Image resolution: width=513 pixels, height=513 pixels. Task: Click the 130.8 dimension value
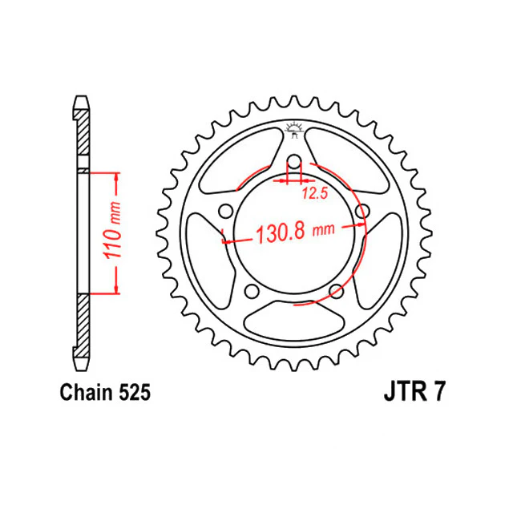tap(281, 233)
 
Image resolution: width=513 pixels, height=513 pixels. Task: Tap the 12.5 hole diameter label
tap(314, 193)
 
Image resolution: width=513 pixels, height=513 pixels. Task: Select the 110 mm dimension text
tap(112, 230)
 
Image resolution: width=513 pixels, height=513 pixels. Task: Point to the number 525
tap(135, 392)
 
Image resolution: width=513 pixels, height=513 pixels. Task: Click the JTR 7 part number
tap(414, 392)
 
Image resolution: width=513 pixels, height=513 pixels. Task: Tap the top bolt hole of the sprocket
tap(294, 162)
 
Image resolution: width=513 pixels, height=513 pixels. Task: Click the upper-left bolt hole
tap(225, 211)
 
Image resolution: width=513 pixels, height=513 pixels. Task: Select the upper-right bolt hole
tap(362, 211)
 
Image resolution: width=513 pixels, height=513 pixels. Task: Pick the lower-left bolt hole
tap(252, 291)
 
